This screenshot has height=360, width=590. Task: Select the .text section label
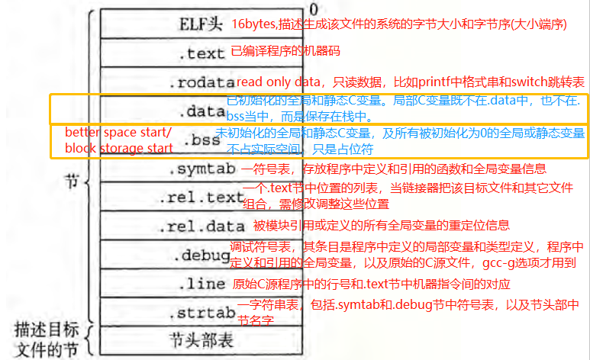[x=200, y=53]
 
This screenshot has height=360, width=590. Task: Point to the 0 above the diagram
[x=312, y=8]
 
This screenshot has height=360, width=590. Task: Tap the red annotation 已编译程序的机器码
[x=285, y=52]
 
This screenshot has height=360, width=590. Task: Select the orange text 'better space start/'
[x=118, y=133]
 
